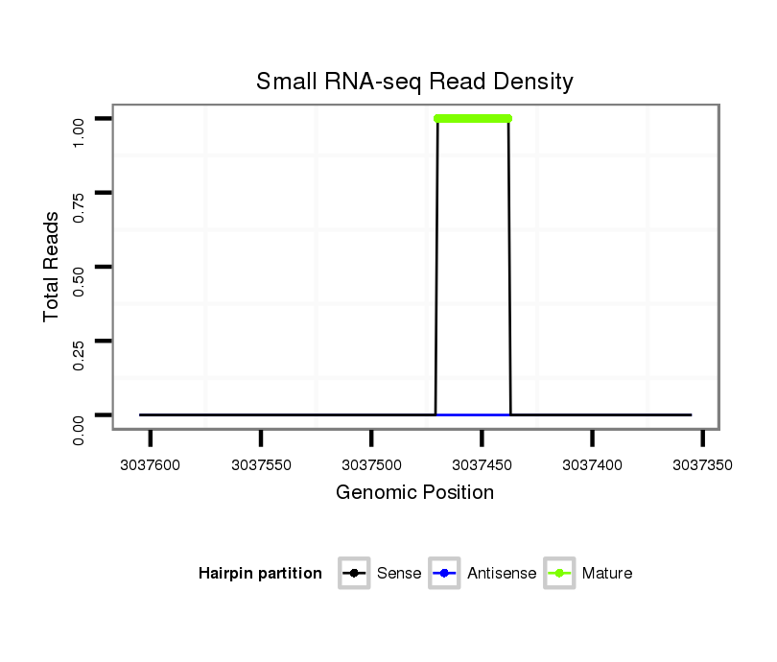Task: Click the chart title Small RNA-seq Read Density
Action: tap(414, 82)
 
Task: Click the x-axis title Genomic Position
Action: tap(414, 493)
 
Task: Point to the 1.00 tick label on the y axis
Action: tap(80, 119)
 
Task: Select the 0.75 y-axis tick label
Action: tap(80, 193)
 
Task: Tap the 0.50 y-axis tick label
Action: tap(80, 267)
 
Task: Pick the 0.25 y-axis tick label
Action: tap(80, 341)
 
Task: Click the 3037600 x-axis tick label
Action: tap(151, 464)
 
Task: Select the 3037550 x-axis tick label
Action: tap(261, 464)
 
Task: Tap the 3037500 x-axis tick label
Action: tap(371, 464)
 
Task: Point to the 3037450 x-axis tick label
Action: tap(482, 464)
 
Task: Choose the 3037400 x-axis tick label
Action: tap(592, 464)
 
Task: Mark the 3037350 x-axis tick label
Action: tap(702, 464)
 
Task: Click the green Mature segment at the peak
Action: tap(473, 119)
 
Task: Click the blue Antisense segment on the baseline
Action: tap(473, 414)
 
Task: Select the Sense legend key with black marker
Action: tap(354, 574)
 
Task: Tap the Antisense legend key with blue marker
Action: tap(445, 574)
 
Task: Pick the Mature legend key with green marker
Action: tap(559, 574)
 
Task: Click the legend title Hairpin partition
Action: tap(260, 574)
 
